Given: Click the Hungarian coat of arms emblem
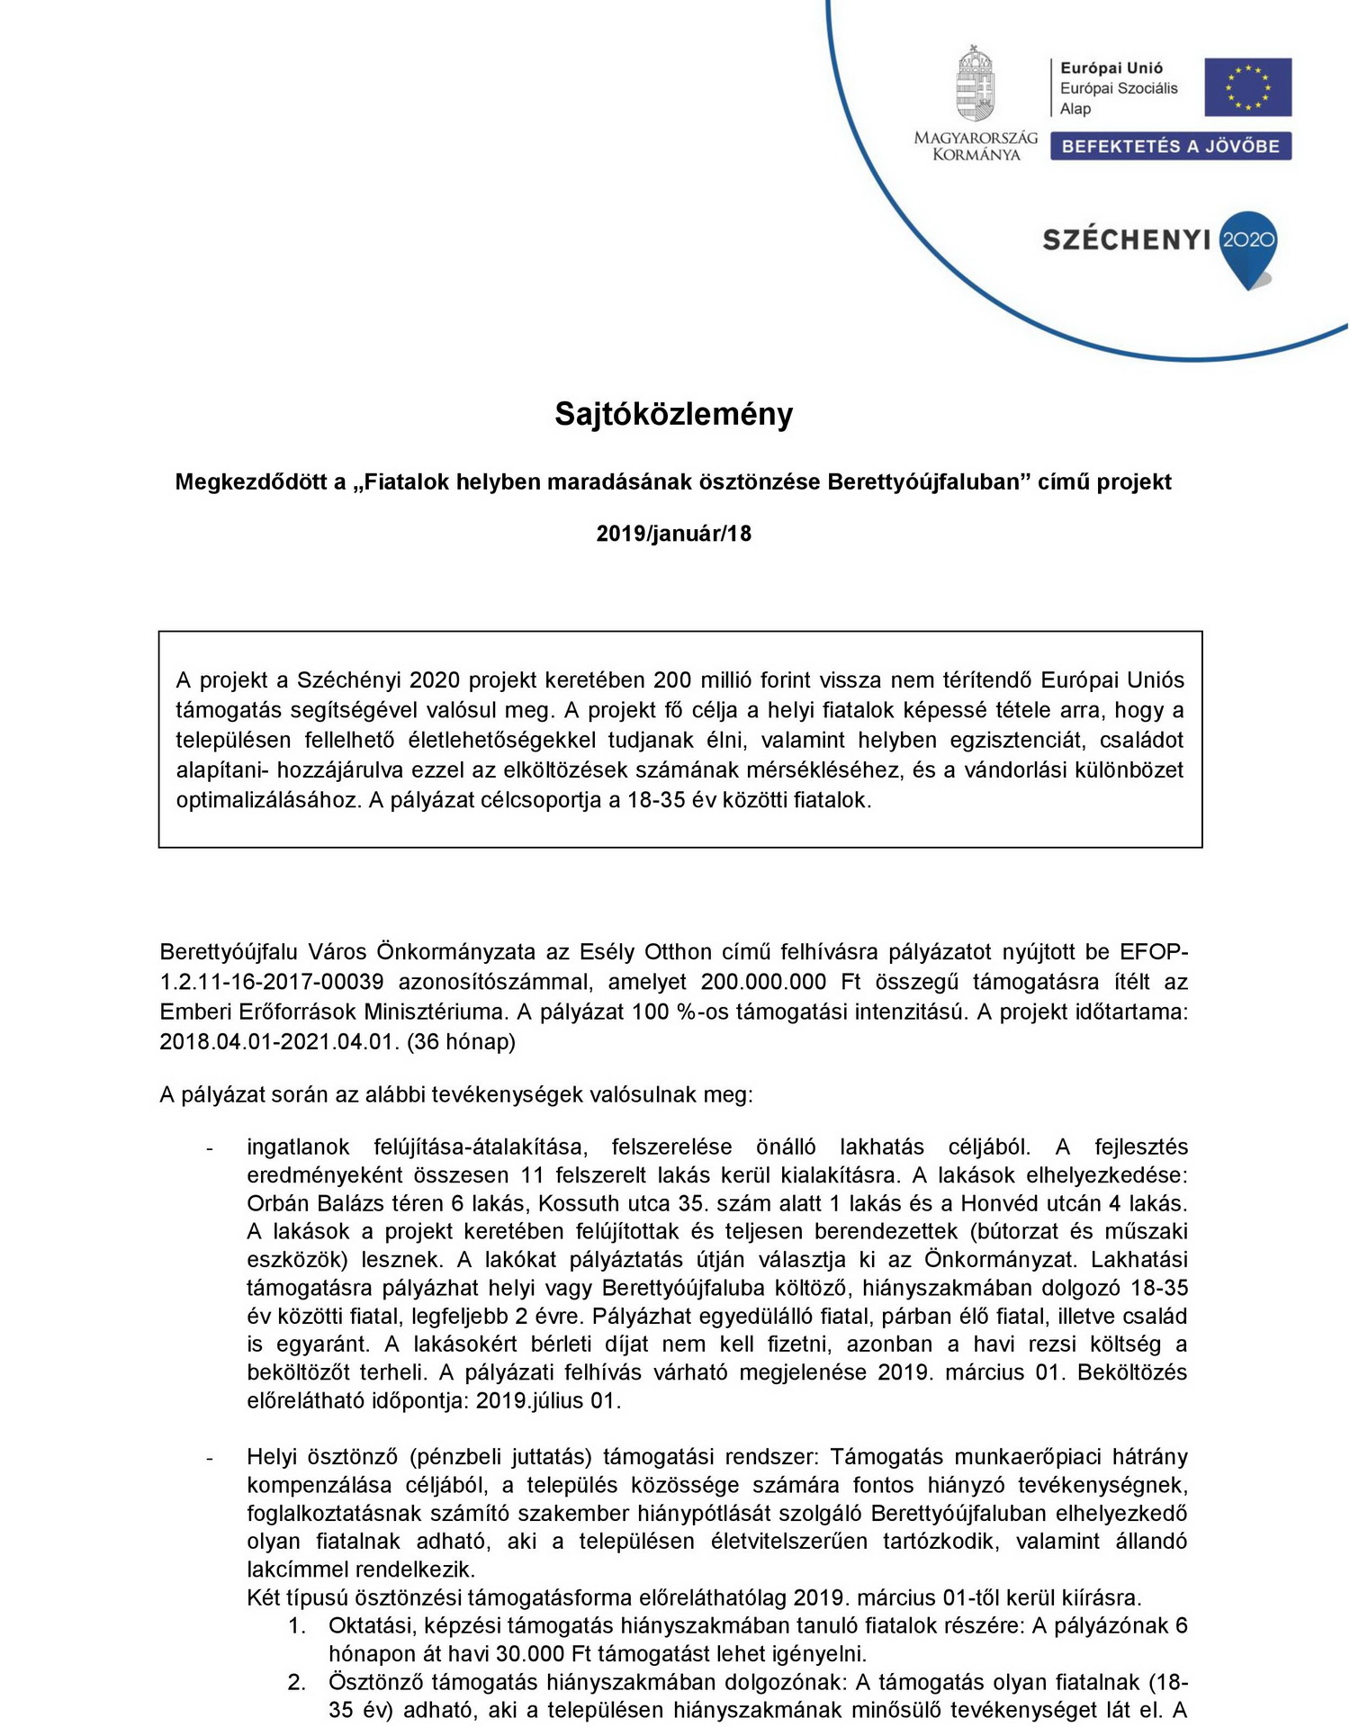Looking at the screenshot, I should [x=975, y=85].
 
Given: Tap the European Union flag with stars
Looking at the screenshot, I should [x=1247, y=87].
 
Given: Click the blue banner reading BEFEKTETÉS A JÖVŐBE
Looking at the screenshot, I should [x=1170, y=146].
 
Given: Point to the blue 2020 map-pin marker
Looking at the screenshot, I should [x=1248, y=245].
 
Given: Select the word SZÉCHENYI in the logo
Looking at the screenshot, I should [x=1126, y=239].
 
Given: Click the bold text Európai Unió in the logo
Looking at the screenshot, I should [x=1111, y=67].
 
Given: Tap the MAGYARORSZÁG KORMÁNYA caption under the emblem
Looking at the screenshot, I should [x=976, y=146].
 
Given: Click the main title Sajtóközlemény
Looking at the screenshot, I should [x=673, y=414].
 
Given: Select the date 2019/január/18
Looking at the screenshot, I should [x=673, y=534].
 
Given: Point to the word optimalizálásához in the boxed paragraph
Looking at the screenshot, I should [x=268, y=800].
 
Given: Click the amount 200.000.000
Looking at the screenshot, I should [x=751, y=981].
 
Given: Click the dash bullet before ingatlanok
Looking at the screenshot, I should [x=209, y=1148].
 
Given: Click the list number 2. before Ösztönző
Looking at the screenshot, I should [x=297, y=1682].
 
